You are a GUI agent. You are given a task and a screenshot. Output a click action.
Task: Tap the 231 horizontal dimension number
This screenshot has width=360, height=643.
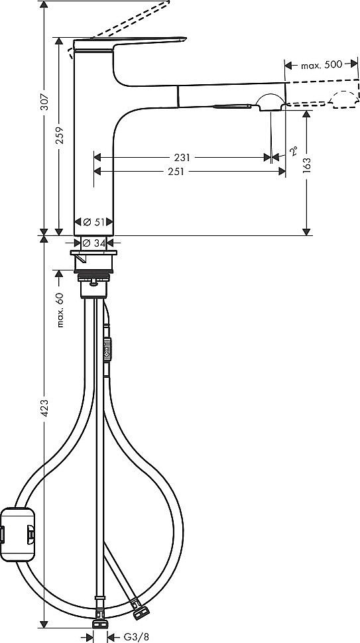click(x=182, y=158)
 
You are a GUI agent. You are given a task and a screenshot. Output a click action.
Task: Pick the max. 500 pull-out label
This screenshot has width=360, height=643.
click(x=322, y=64)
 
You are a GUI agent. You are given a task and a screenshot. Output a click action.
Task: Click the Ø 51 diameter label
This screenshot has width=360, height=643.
click(x=93, y=221)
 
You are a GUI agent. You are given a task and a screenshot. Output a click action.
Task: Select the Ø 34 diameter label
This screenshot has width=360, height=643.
click(x=93, y=243)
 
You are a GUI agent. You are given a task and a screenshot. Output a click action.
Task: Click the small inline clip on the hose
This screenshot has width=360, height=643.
click(x=108, y=349)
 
